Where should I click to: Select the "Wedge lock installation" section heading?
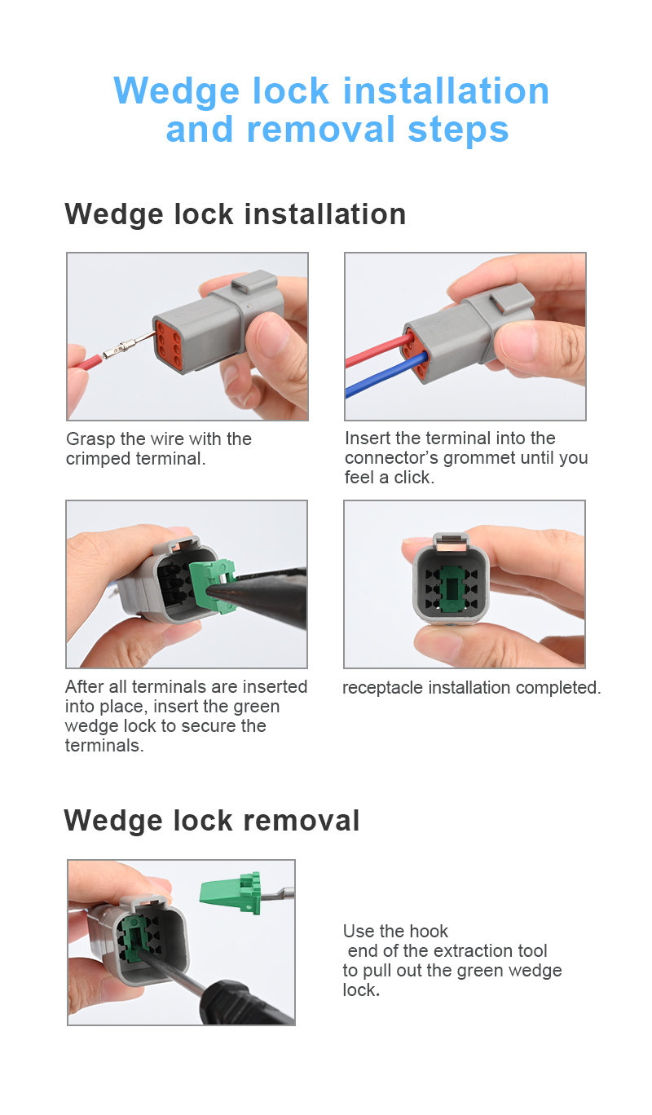click(236, 214)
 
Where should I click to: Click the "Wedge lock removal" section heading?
click(212, 820)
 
